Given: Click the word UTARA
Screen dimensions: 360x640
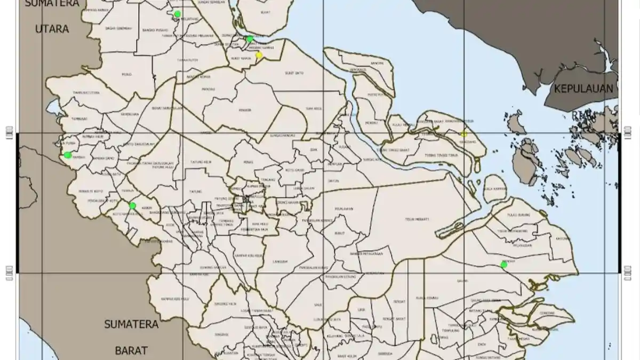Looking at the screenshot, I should tap(52, 29).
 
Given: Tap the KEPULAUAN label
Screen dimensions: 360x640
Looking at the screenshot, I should tap(583, 89).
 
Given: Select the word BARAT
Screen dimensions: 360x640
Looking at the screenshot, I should tap(131, 350).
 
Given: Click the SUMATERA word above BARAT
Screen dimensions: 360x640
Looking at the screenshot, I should tap(131, 324).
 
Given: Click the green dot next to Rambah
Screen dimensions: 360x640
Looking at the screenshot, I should tap(68, 155).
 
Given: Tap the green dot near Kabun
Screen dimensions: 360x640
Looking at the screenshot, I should tap(133, 206).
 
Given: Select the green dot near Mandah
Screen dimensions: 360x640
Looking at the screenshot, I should tap(503, 265).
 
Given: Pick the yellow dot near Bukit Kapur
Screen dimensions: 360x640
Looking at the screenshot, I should tap(259, 55).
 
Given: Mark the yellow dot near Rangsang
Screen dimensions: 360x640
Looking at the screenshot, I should tap(464, 134).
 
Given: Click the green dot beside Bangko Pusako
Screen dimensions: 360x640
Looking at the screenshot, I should tap(178, 14).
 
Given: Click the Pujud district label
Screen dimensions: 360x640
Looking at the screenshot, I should tap(126, 74).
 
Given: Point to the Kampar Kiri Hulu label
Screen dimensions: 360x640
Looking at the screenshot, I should tap(176, 299).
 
